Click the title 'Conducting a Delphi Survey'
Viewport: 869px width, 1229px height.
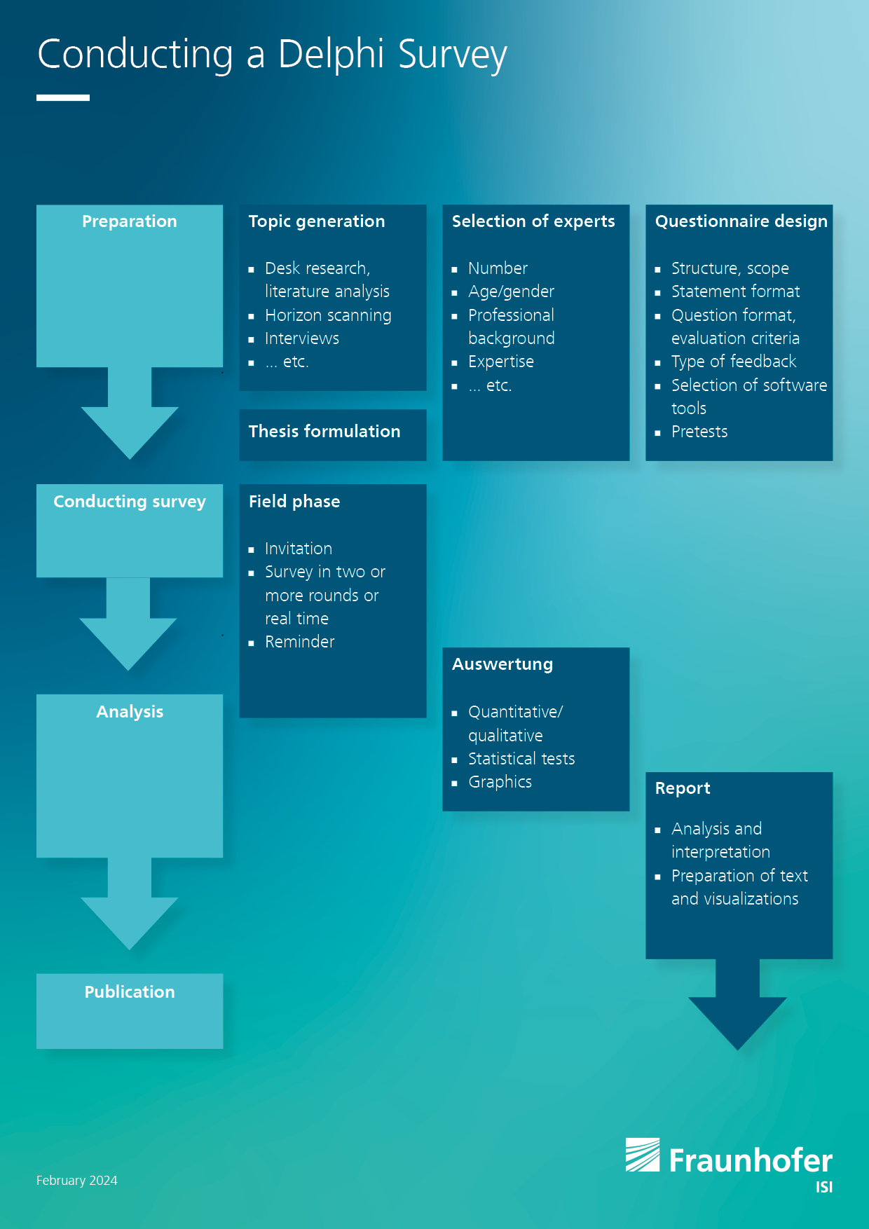pyautogui.click(x=272, y=55)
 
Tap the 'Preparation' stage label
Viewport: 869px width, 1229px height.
pyautogui.click(x=130, y=221)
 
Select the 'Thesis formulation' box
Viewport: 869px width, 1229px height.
pyautogui.click(x=333, y=435)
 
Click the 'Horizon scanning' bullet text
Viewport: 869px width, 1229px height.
pyautogui.click(x=328, y=315)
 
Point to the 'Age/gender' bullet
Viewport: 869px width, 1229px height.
pyautogui.click(x=511, y=291)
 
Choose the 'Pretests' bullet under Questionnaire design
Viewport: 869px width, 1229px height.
pyautogui.click(x=699, y=432)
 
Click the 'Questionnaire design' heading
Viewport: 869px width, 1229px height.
pyautogui.click(x=741, y=221)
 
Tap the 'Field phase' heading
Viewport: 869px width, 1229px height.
pyautogui.click(x=294, y=502)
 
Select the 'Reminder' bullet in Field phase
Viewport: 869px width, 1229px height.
pyautogui.click(x=300, y=642)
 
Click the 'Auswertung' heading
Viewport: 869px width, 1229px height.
pyautogui.click(x=502, y=664)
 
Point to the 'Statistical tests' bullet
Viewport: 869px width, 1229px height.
pyautogui.click(x=521, y=759)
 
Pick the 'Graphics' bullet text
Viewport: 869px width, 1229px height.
pyautogui.click(x=500, y=782)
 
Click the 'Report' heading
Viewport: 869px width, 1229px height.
pyautogui.click(x=683, y=788)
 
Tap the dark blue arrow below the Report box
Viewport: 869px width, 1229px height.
pyautogui.click(x=738, y=1009)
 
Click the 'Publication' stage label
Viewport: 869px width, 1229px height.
pyautogui.click(x=130, y=992)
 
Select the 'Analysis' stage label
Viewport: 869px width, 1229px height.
pyautogui.click(x=130, y=712)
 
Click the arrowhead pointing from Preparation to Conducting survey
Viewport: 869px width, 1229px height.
pyautogui.click(x=130, y=431)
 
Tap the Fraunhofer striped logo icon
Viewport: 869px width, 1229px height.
pyautogui.click(x=643, y=1155)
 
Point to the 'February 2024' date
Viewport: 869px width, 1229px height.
pyautogui.click(x=77, y=1181)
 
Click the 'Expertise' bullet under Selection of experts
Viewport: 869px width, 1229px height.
pyautogui.click(x=501, y=362)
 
